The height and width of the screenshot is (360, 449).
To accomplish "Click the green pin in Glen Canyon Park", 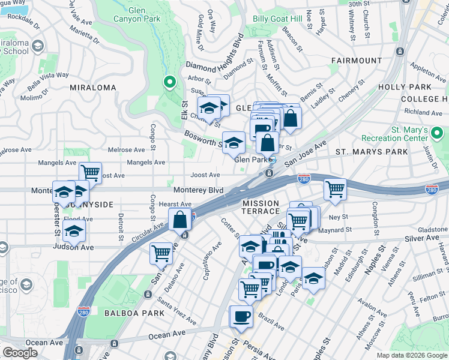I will (169, 83).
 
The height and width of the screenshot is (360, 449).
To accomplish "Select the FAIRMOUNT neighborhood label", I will (357, 61).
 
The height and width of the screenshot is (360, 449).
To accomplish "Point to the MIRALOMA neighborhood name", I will (92, 88).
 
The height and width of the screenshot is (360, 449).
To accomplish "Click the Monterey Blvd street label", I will (198, 190).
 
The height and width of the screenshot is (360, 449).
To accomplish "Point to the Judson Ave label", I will (73, 247).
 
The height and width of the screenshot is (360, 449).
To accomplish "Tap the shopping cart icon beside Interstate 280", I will (335, 189).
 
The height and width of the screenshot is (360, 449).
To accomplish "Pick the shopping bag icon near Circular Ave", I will (180, 220).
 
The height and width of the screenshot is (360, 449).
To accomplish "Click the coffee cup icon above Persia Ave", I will (242, 316).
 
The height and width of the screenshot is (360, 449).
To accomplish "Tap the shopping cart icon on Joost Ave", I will (91, 173).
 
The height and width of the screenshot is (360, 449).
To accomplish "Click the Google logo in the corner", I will (20, 353).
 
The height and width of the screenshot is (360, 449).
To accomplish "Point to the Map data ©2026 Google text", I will (412, 355).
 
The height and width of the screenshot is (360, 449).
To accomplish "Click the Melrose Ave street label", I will (126, 149).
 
